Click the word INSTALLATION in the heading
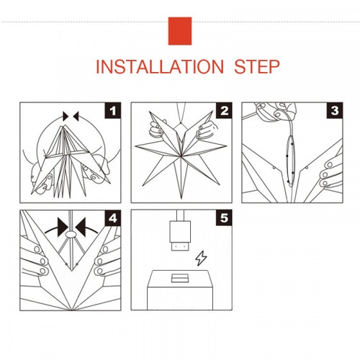[160, 66]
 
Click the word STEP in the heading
[257, 66]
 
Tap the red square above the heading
[180, 31]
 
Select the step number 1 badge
[113, 111]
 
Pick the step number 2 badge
[224, 111]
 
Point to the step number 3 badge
[335, 111]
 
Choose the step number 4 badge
[113, 218]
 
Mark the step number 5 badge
[224, 218]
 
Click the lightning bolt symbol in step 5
[201, 258]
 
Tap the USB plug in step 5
[180, 235]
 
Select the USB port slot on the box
[180, 278]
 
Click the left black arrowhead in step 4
[62, 227]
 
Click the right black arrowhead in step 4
[81, 227]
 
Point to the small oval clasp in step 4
[71, 234]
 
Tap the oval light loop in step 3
[291, 161]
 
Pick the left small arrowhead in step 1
[66, 116]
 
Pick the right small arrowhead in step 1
[76, 116]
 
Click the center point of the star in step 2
[180, 156]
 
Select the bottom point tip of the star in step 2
[181, 199]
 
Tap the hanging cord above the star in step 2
[181, 113]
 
